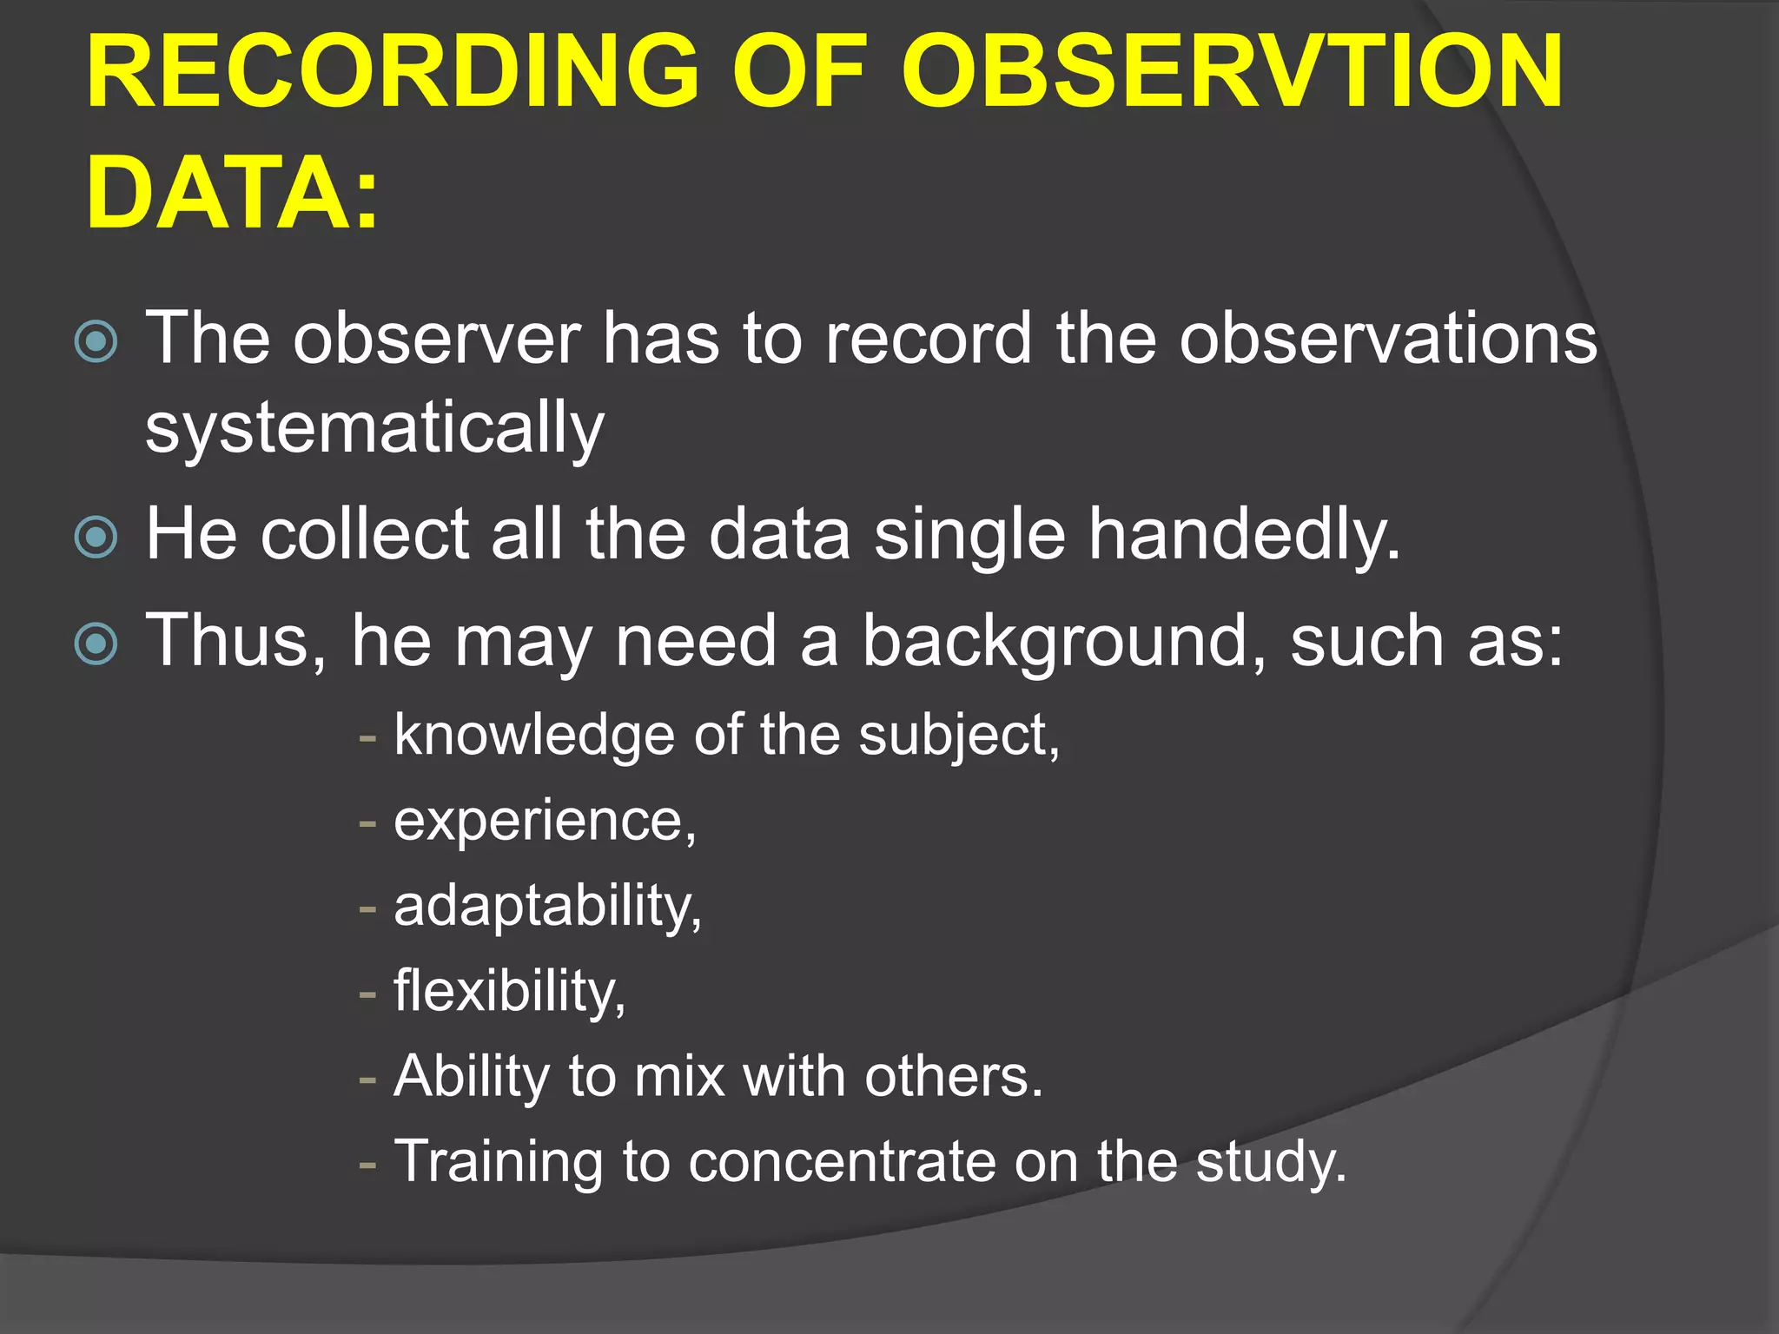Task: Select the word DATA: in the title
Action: click(233, 193)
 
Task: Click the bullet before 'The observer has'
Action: click(96, 341)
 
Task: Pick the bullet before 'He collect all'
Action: click(96, 537)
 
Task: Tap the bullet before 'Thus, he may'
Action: click(96, 644)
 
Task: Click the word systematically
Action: click(374, 429)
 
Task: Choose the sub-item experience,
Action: click(545, 821)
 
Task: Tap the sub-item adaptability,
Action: click(547, 907)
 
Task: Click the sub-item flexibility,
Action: click(509, 990)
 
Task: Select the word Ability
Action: click(471, 1077)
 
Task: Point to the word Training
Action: click(498, 1161)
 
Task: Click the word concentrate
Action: click(842, 1162)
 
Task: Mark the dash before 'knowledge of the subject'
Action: click(368, 738)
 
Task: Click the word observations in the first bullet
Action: click(1387, 339)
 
